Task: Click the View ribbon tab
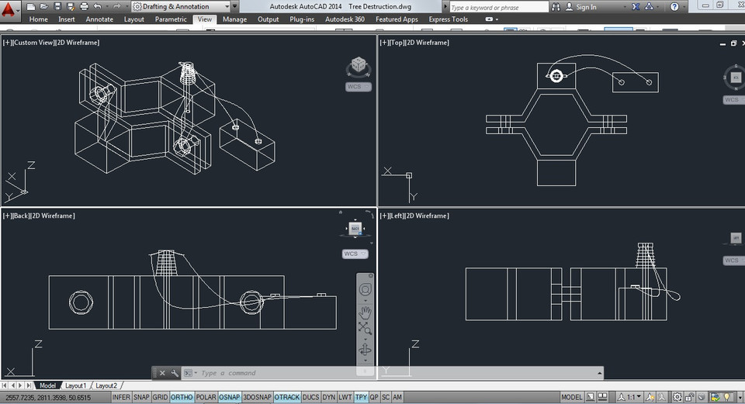pos(204,19)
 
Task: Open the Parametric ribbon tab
pos(171,19)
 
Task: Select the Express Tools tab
pos(448,19)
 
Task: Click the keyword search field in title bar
pos(498,7)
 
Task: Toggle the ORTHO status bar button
pos(182,397)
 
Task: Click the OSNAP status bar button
pos(229,397)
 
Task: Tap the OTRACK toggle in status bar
pos(287,397)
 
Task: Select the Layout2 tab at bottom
pos(106,385)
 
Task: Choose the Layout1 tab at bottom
pos(75,385)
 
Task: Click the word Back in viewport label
pos(19,216)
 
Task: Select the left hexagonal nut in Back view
pos(80,302)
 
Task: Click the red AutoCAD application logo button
pos(9,9)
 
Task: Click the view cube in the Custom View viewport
pos(358,67)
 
